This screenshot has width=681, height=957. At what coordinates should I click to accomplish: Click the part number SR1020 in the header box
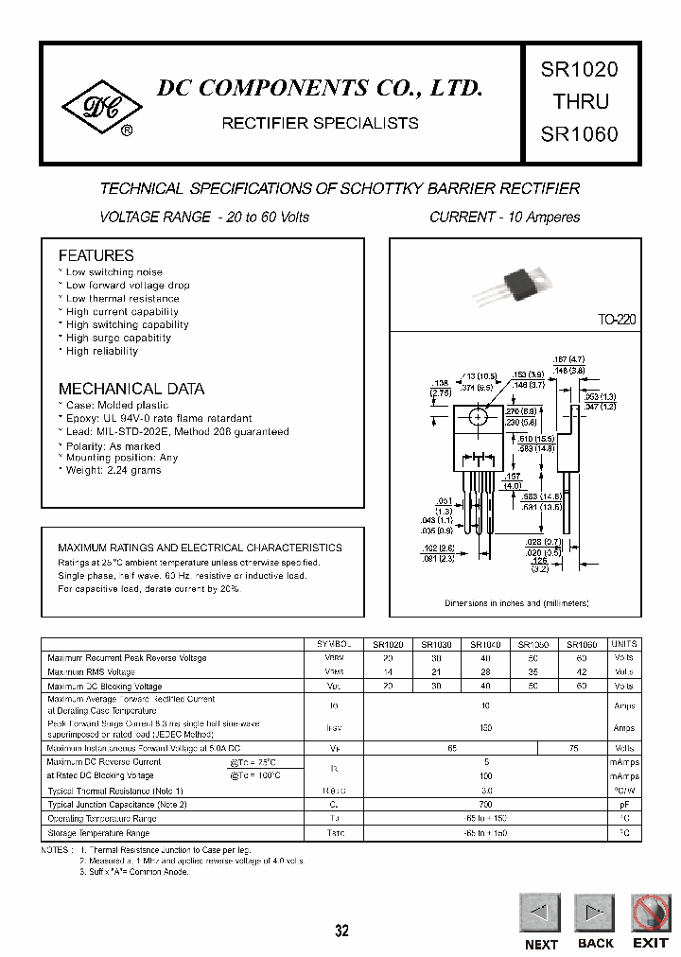(x=579, y=70)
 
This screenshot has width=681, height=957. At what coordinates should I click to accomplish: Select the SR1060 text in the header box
(x=579, y=134)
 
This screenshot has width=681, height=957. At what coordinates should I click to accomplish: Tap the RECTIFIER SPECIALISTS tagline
(x=320, y=123)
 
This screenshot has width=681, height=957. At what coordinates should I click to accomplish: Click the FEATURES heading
(x=96, y=255)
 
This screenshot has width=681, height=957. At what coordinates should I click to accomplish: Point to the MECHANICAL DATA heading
(x=131, y=389)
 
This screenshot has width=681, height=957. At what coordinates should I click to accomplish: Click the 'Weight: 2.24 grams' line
(x=113, y=471)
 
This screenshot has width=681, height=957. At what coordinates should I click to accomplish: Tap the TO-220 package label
(x=617, y=320)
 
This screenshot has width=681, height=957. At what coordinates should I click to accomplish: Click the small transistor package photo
(x=516, y=281)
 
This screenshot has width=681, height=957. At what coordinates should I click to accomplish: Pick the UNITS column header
(x=624, y=644)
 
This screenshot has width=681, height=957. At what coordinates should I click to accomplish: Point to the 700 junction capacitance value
(x=460, y=805)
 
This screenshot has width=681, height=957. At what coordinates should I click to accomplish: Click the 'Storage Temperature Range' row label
(x=98, y=834)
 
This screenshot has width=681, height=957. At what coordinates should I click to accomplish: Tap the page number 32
(x=341, y=931)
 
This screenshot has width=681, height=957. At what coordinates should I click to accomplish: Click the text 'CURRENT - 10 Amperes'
(x=505, y=217)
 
